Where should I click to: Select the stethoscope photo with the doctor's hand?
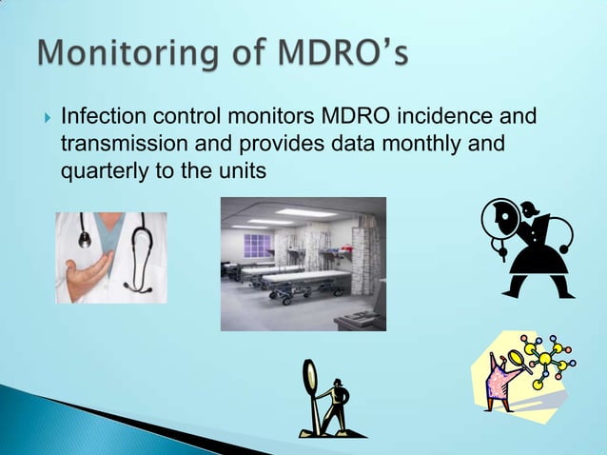[x=110, y=256]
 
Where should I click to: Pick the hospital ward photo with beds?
[x=303, y=264]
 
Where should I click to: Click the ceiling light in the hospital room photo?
[x=306, y=212]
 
